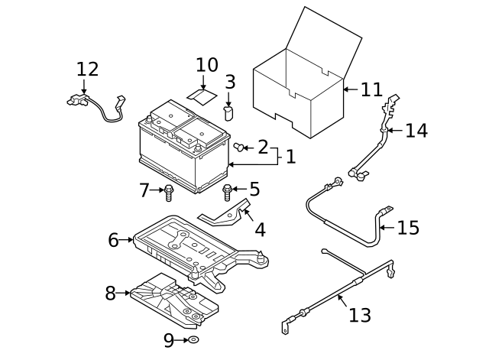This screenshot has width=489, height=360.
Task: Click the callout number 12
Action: click(88, 70)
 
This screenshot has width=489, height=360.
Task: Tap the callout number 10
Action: click(207, 65)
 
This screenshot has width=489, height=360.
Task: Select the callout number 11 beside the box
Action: click(371, 90)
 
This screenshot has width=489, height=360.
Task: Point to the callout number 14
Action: click(416, 131)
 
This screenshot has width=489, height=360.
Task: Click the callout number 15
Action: click(409, 228)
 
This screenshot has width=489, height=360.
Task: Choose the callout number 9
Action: click(169, 339)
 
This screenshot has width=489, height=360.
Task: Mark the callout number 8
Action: click(111, 292)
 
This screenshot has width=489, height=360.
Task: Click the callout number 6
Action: click(114, 240)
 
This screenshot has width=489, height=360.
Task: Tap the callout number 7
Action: click(144, 190)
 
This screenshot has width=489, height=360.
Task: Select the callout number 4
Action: click(260, 229)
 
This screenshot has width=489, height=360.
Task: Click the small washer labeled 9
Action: click(193, 339)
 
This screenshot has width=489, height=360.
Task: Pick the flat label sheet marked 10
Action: click(201, 95)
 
